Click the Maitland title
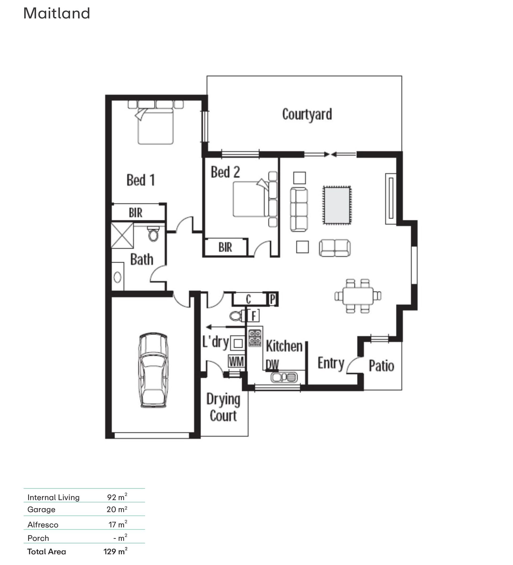tap(57, 13)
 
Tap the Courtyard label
tap(307, 115)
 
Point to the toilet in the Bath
tap(153, 234)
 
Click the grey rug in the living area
tap(337, 205)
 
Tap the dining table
tap(358, 296)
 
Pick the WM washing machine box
tap(236, 361)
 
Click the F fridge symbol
tap(254, 316)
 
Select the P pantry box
tap(273, 299)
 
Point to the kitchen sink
tap(284, 377)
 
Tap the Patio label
tap(381, 366)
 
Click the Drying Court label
tap(223, 408)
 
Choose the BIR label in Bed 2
tap(225, 248)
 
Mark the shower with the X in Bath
tap(122, 235)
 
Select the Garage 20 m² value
tap(117, 509)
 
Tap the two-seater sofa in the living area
tap(335, 248)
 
